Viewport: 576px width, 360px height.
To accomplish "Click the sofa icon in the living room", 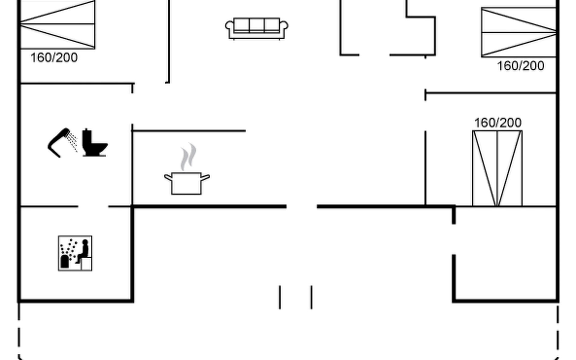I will [256, 28].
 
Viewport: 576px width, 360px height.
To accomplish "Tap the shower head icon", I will [59, 142].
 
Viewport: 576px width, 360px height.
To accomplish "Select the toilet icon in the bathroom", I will [94, 143].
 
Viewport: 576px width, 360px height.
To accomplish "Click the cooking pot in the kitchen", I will [186, 183].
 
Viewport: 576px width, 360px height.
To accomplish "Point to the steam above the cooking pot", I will [188, 157].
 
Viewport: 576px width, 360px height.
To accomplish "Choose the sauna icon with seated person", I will [75, 253].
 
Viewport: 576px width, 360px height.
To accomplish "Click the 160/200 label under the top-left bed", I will [54, 58].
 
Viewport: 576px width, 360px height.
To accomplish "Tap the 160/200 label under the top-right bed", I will [520, 66].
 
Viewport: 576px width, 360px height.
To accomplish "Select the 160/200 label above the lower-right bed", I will [498, 123].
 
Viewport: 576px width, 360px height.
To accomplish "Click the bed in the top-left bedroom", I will [57, 24].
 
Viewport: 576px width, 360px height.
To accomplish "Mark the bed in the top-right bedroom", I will [519, 32].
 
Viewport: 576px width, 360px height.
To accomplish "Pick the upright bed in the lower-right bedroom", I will [497, 168].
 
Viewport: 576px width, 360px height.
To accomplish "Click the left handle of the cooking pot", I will [168, 177].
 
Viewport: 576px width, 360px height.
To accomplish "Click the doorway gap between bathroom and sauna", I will [93, 206].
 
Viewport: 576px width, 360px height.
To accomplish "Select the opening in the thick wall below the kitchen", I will [301, 206].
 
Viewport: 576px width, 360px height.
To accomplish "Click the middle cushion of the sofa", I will [256, 25].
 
